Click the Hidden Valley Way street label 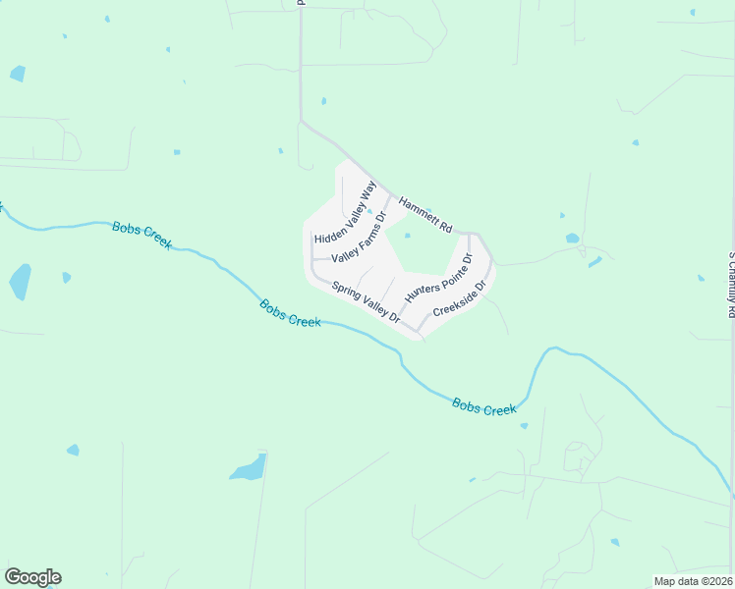pyautogui.click(x=346, y=212)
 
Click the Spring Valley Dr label pyautogui.click(x=366, y=302)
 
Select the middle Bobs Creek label pyautogui.click(x=291, y=313)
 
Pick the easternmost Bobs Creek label pyautogui.click(x=484, y=406)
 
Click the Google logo pyautogui.click(x=32, y=577)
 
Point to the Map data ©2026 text pyautogui.click(x=692, y=581)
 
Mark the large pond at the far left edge pyautogui.click(x=20, y=281)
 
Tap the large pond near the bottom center pyautogui.click(x=250, y=467)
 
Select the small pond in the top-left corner pyautogui.click(x=18, y=74)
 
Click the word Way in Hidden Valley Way pyautogui.click(x=368, y=190)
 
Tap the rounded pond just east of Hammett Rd pyautogui.click(x=572, y=238)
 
